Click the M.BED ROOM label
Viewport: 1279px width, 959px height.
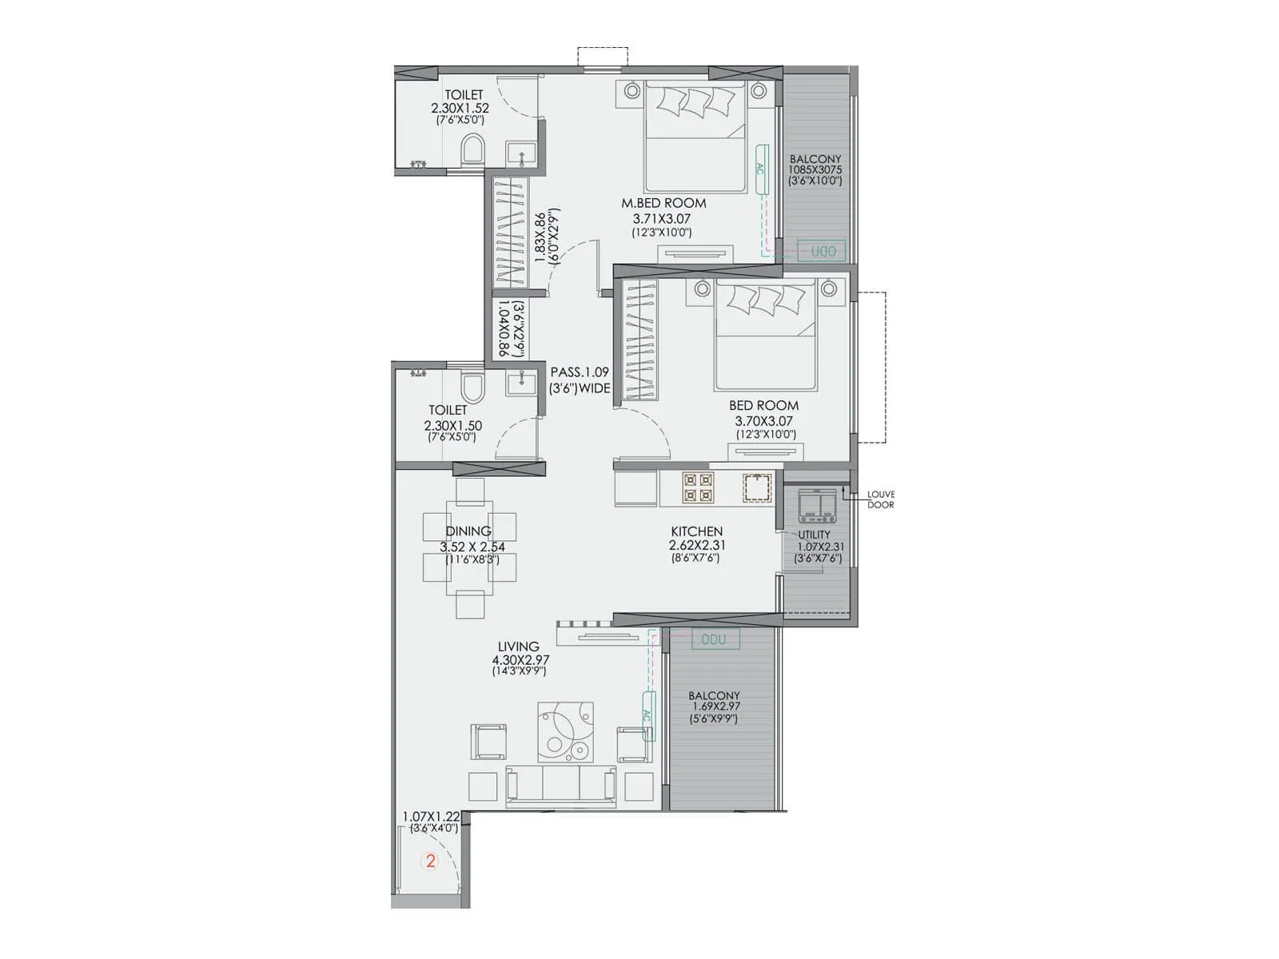point(663,203)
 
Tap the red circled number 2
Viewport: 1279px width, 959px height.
point(431,862)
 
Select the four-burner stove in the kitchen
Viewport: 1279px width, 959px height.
point(697,487)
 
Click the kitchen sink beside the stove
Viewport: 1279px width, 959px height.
point(756,487)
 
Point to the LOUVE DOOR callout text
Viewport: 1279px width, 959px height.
point(881,499)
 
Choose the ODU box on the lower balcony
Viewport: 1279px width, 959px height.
point(714,639)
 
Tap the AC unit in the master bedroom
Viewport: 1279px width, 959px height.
point(761,169)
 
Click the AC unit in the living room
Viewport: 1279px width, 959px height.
point(647,716)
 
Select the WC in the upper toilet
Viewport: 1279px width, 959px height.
point(472,150)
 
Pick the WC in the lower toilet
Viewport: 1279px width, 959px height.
point(473,388)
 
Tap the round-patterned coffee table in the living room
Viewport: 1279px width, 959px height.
point(566,731)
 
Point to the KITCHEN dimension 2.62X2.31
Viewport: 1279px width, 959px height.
point(697,545)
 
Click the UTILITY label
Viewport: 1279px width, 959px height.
point(814,535)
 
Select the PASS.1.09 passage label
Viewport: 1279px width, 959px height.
point(580,372)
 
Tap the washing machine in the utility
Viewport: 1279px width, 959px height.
point(817,503)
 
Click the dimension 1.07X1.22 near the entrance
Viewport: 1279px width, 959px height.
point(431,817)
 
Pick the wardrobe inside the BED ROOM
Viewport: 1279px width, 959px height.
point(639,342)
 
